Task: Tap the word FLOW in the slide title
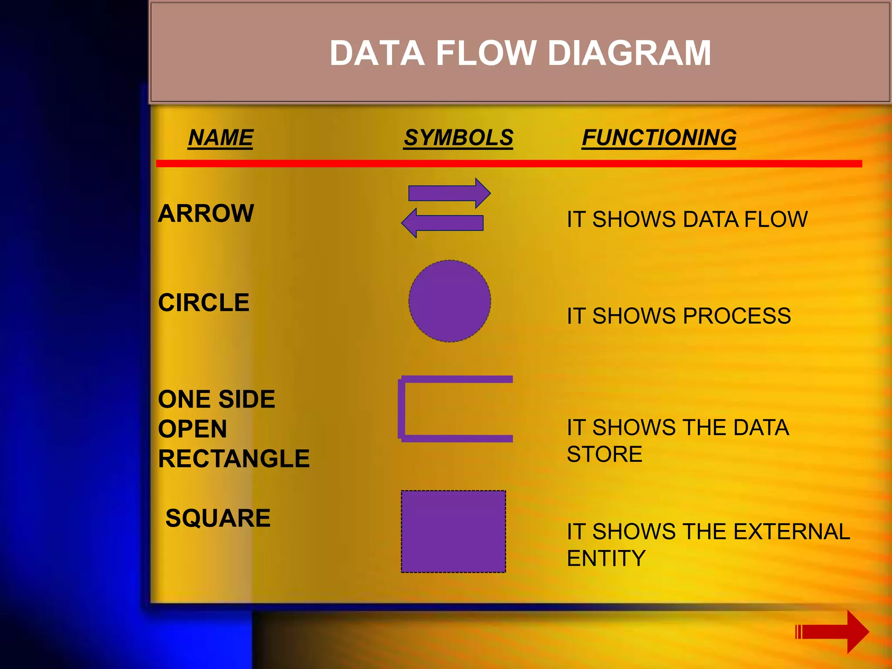(x=486, y=53)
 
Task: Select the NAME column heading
(x=220, y=138)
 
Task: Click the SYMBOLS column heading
(x=458, y=138)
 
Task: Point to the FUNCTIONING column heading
(x=659, y=138)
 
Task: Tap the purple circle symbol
(x=449, y=301)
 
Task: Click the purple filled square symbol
(x=453, y=531)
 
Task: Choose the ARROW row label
(x=206, y=213)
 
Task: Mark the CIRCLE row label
(x=203, y=303)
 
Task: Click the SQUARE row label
(x=218, y=518)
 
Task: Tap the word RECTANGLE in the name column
(x=233, y=459)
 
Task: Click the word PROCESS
(x=737, y=316)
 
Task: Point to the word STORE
(x=605, y=454)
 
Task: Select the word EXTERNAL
(x=791, y=532)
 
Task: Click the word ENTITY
(x=606, y=558)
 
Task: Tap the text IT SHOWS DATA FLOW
(x=687, y=219)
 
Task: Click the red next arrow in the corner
(x=832, y=632)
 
